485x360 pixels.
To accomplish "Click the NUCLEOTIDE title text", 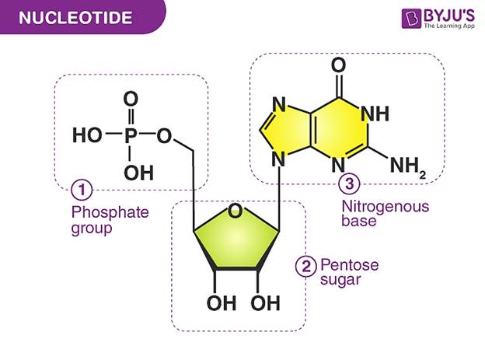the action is point(75,17).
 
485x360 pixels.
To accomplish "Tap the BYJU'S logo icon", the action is point(411,19).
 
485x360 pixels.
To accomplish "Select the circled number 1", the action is point(82,190).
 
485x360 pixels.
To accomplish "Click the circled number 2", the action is point(306,266).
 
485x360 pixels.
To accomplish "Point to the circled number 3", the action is point(349,183).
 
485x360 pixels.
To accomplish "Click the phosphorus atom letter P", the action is point(131,135).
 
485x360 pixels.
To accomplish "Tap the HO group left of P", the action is point(87,135).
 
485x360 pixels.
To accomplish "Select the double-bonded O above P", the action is point(131,99).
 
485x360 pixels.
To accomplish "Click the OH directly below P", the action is point(138,173).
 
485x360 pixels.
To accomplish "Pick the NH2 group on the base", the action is point(408,166).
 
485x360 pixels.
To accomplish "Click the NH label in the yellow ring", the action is point(375,114).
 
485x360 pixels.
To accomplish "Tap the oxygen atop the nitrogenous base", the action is point(338,65).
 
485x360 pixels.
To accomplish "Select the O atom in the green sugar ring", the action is point(235,211).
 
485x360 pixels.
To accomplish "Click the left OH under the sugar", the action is point(222,302).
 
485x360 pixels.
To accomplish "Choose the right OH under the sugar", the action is point(265,302).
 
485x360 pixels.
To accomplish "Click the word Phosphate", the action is point(110,213).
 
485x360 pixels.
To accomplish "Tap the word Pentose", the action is point(350,265).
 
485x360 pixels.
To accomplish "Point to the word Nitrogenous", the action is point(386,207).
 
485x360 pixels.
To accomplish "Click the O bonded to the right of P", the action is point(164,135).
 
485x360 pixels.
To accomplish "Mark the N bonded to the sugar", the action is point(279,160).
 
